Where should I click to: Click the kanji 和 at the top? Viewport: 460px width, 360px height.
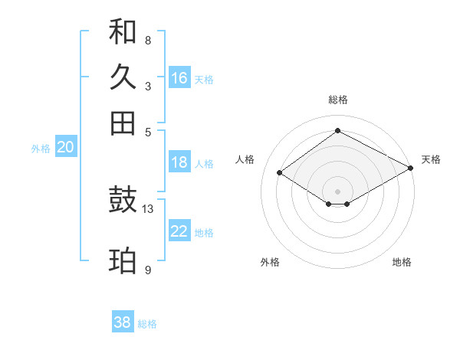(x=123, y=33)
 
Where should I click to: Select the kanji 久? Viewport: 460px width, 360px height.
(x=123, y=77)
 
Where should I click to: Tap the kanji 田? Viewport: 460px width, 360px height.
(x=123, y=123)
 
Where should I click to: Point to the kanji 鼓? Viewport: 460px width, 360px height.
(x=123, y=200)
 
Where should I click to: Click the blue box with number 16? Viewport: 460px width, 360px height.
(x=179, y=78)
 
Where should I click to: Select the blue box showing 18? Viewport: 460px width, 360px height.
(x=179, y=162)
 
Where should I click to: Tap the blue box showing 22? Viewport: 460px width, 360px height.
(x=179, y=231)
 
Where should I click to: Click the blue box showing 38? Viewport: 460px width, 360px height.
(x=123, y=322)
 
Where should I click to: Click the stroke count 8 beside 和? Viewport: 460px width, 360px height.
(x=148, y=40)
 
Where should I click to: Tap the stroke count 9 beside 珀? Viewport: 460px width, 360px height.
(x=148, y=270)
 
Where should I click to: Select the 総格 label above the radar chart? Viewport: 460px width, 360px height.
(x=338, y=100)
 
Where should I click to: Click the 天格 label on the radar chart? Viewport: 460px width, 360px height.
(x=431, y=159)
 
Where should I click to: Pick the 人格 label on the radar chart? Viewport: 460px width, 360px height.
(x=245, y=159)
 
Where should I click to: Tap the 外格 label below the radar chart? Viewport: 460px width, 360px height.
(x=270, y=263)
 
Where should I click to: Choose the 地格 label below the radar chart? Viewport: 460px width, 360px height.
(x=402, y=263)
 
